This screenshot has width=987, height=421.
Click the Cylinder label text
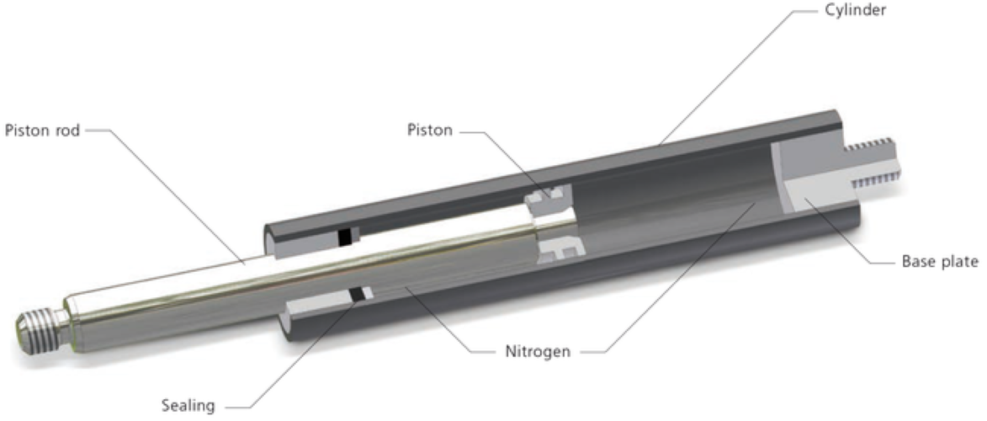(x=856, y=10)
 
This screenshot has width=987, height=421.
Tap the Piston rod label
(x=42, y=131)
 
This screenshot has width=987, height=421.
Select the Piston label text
(x=430, y=131)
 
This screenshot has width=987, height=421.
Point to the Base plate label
(x=940, y=262)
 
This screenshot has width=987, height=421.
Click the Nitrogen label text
(x=538, y=351)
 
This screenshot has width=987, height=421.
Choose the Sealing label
(x=188, y=405)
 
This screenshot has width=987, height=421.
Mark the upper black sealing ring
(x=344, y=237)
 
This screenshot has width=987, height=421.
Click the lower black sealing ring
(x=358, y=294)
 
